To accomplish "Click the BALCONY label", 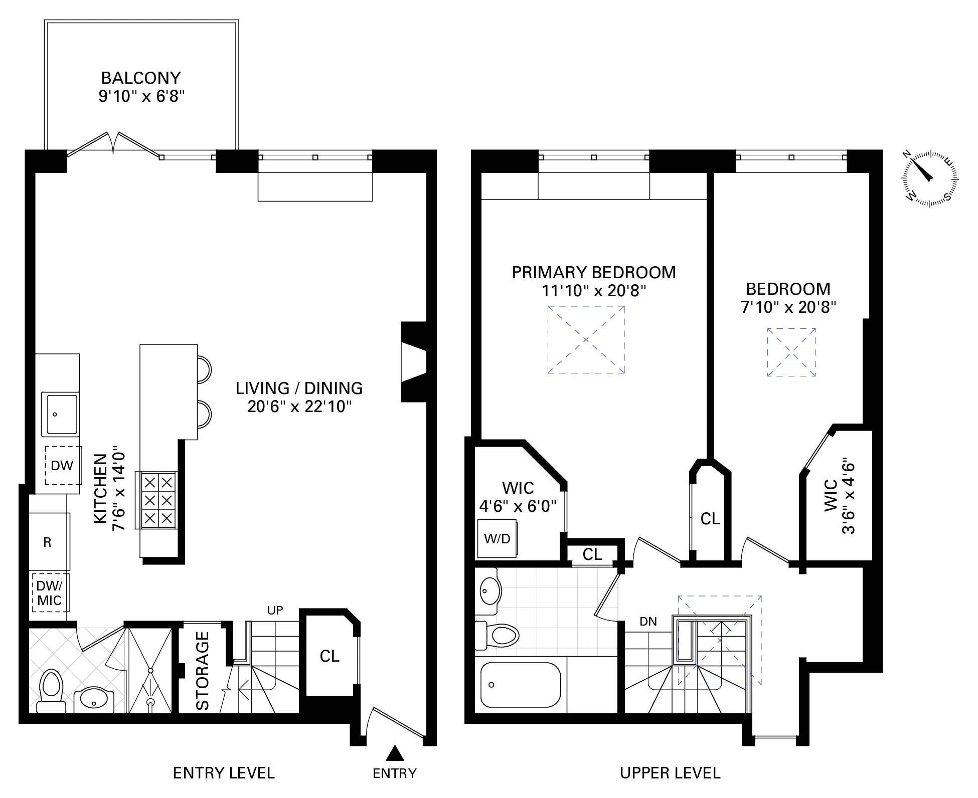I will coord(141,78).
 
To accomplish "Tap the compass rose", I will coord(930,178).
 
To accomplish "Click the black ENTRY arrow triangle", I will coord(395,753).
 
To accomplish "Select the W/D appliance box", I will coord(497,539).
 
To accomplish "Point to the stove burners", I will coord(158,500).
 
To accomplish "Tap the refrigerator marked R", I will coord(48,542).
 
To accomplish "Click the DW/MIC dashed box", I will coord(50,593).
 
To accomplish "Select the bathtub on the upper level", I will coord(520,685).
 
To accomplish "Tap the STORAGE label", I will coord(203,671).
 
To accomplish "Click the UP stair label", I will coord(275,610).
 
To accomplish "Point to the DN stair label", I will coord(648,622).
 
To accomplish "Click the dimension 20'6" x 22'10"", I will coord(299,407).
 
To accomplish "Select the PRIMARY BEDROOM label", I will coord(593,273).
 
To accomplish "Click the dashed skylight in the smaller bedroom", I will coord(791,352).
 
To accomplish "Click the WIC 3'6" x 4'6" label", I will coord(839,496).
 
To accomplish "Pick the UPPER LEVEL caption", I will coord(670,773).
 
